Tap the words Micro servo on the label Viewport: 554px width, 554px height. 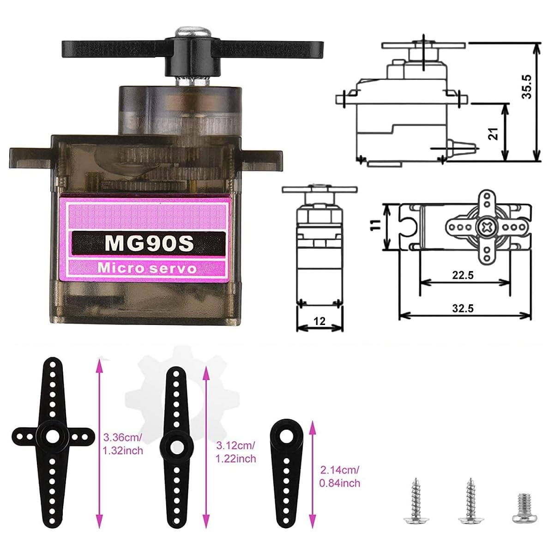[x=147, y=268]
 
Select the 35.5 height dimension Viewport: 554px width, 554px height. [x=527, y=87]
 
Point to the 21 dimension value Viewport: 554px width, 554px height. [x=493, y=134]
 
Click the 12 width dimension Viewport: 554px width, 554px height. [x=319, y=321]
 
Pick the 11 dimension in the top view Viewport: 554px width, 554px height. [x=376, y=225]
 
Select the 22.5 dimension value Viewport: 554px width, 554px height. [x=463, y=275]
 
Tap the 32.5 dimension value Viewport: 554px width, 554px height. [x=463, y=308]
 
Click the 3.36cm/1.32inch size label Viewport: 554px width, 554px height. [x=123, y=443]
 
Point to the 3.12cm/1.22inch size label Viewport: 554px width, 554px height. [x=235, y=452]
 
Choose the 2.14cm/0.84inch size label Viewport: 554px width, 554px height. [x=340, y=476]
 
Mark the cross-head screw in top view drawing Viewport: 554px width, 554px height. [x=485, y=228]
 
